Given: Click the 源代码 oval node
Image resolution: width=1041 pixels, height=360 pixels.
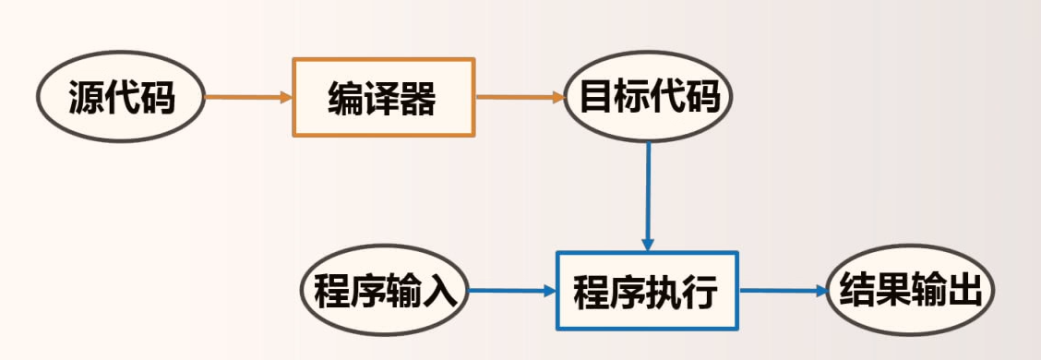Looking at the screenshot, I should [121, 97].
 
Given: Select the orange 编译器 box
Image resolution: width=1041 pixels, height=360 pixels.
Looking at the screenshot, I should [383, 97].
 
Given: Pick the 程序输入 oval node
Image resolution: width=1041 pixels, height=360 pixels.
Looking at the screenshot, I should [386, 292].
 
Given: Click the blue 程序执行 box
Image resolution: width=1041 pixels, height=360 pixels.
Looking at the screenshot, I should [647, 292].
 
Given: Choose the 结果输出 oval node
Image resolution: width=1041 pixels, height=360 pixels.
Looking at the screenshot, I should [908, 292].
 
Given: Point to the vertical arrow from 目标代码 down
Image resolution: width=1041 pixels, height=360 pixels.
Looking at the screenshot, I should [648, 194].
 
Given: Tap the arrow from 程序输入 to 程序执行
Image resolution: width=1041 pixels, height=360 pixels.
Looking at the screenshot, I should [512, 292].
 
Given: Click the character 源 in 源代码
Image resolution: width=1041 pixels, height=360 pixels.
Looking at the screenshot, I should [86, 97].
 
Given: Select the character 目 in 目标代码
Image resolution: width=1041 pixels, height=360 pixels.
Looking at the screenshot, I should [595, 97].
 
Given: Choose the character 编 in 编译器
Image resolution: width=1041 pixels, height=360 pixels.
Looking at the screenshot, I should [347, 98].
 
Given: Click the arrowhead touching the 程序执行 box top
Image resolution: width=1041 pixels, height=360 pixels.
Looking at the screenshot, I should [648, 244].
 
